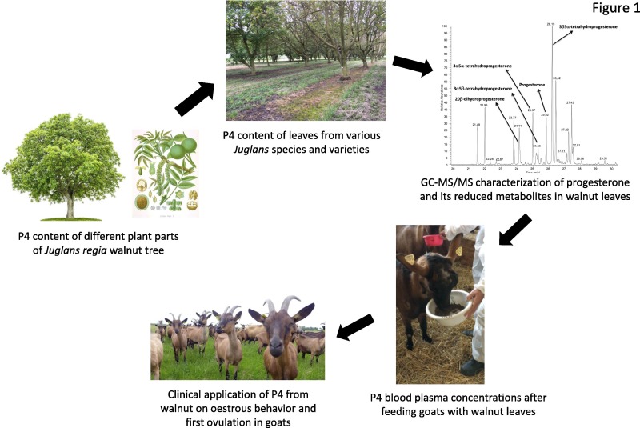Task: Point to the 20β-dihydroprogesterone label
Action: click(x=477, y=99)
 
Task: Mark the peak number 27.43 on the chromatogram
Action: click(x=570, y=103)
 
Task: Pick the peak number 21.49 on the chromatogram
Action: click(x=476, y=125)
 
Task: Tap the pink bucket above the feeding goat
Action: click(x=434, y=239)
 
